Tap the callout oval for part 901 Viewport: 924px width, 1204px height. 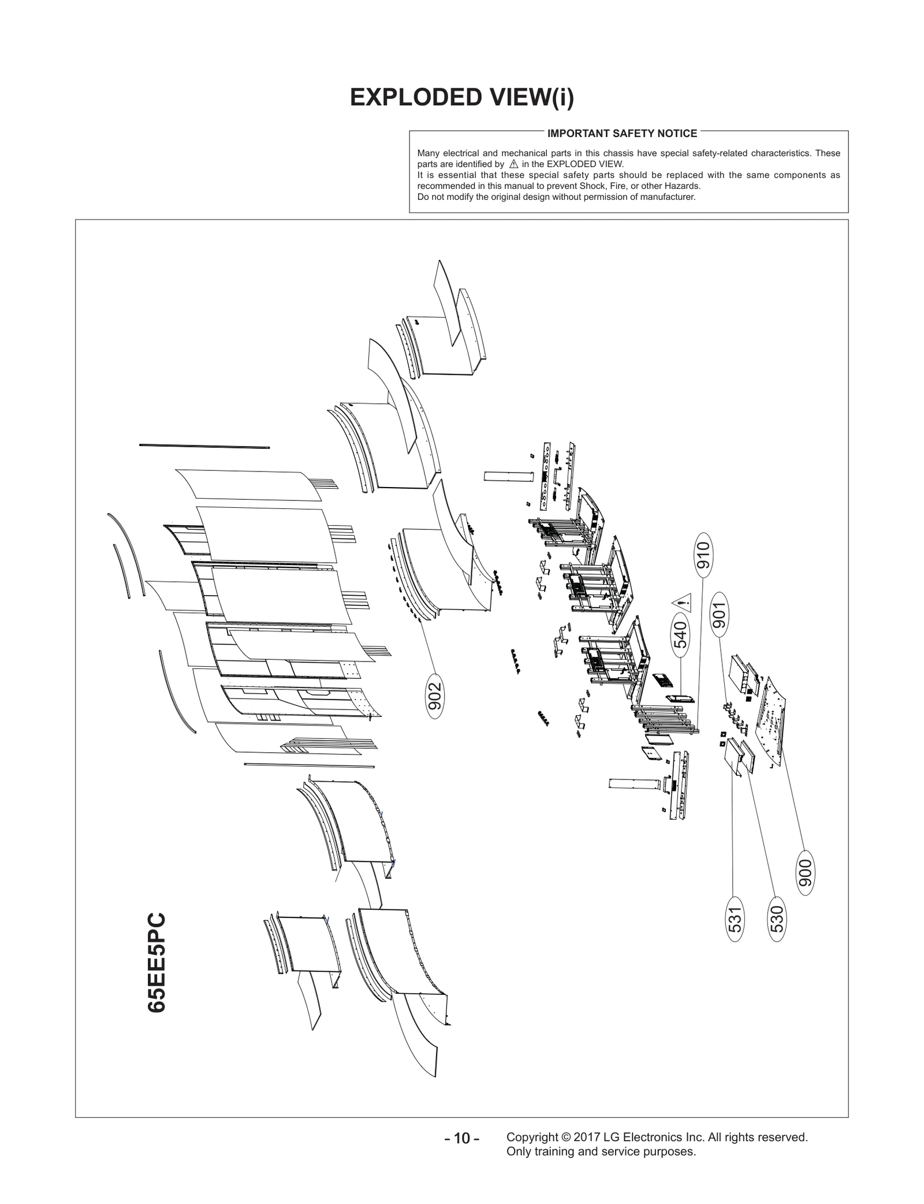(719, 615)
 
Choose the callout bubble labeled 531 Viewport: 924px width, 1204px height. (734, 919)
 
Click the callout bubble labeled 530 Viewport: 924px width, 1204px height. (777, 919)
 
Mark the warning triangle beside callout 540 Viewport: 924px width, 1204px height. (683, 603)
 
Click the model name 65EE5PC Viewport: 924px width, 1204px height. (157, 962)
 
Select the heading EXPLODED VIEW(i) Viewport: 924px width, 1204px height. (462, 98)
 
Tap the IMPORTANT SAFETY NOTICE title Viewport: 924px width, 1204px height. (622, 133)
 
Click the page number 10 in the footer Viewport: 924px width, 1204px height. (462, 1138)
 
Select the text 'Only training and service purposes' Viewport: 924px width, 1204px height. (601, 1151)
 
